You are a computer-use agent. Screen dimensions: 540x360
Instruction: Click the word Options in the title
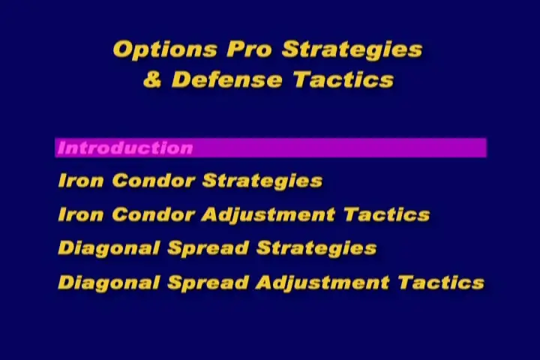pos(165,50)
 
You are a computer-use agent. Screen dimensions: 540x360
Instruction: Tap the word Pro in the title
pos(249,49)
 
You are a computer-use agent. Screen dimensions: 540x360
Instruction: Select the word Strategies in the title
pos(352,50)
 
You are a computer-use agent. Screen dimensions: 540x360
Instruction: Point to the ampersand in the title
pos(152,79)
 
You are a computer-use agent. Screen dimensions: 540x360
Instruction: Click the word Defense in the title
pos(227,79)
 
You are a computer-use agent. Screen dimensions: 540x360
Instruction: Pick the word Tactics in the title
pos(343,79)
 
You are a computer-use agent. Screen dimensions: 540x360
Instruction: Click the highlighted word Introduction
pos(125,148)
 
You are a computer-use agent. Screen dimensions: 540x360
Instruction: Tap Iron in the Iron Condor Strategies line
pos(81,181)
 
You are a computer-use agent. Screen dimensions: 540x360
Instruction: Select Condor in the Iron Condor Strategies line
pos(154,181)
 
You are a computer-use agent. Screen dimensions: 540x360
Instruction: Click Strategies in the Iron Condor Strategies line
pos(262,181)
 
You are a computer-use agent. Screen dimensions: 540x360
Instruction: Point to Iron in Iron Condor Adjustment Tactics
pos(81,214)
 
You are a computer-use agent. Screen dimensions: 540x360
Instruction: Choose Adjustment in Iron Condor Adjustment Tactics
pos(268,215)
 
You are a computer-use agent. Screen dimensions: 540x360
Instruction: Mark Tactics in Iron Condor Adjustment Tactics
pos(387,214)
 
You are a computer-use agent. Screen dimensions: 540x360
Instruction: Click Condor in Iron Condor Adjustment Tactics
pos(154,214)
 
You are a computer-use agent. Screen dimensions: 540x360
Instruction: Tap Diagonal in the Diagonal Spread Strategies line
pos(109,249)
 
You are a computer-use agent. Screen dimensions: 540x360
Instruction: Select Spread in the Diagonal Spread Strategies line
pos(208,249)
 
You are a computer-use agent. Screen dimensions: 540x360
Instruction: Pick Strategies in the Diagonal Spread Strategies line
pos(316,249)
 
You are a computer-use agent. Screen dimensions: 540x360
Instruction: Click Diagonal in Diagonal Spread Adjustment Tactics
pos(109,283)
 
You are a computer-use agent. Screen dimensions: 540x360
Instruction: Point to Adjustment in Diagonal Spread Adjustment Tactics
pos(322,283)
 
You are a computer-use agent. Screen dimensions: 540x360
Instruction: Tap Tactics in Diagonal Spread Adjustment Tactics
pos(442,283)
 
